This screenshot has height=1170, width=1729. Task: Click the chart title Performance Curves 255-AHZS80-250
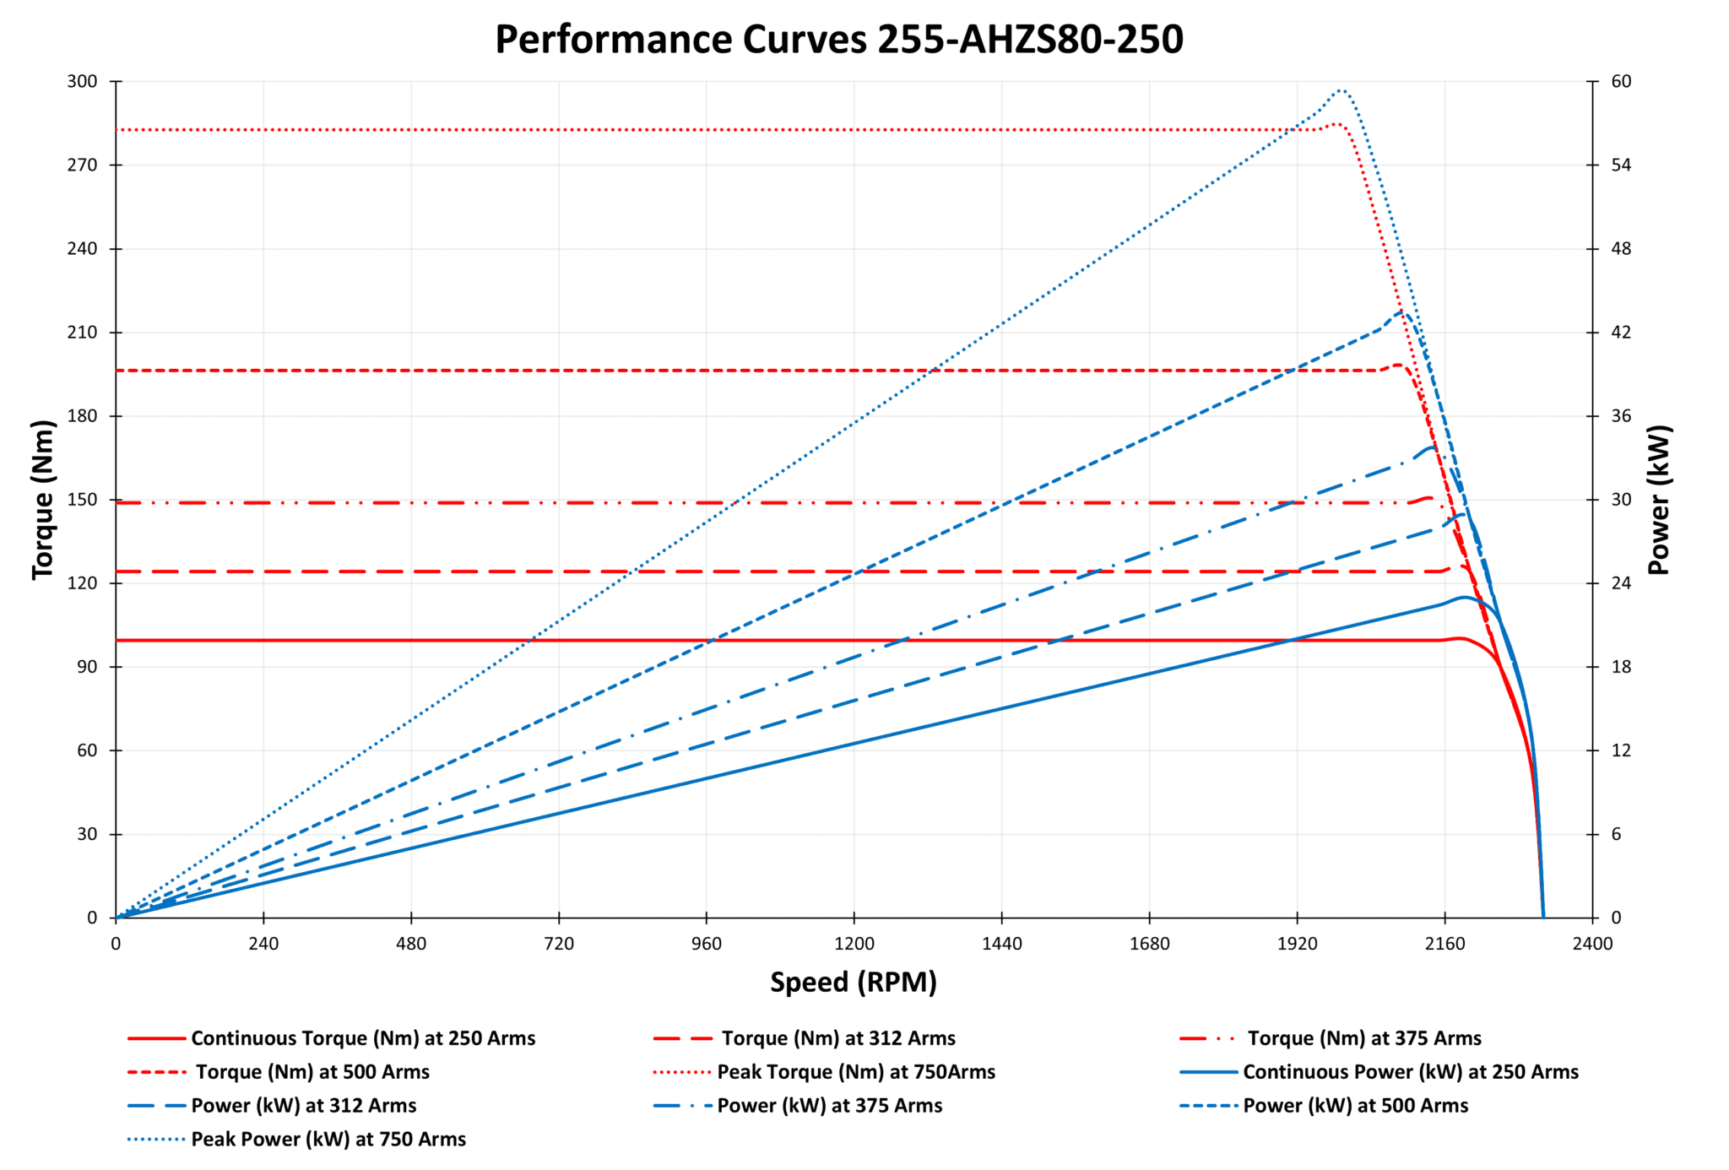838,40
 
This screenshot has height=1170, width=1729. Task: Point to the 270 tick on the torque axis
83,165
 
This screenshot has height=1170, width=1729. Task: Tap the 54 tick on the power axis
1620,165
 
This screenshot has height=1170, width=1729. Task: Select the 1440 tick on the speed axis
1001,943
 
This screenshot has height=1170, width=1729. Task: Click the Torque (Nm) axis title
43,499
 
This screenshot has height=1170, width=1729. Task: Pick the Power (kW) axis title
1659,499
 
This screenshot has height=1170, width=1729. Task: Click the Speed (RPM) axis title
854,982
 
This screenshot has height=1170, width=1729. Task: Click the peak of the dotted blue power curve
1340,89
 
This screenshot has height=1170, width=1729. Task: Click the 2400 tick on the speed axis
1592,943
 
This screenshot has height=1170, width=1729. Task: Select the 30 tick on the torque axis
86,834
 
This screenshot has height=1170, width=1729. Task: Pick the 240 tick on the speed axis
263,943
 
